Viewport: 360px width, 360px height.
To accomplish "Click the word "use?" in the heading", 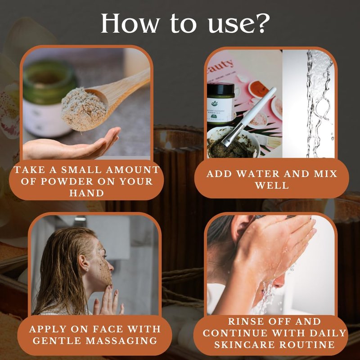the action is tap(239, 24).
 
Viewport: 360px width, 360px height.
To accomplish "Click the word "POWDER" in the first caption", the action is tap(67, 181).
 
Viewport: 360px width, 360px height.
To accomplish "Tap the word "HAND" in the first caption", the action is tap(86, 193).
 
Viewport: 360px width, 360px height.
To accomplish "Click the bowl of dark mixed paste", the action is tap(233, 143).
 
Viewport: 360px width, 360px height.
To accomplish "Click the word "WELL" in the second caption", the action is tap(272, 185).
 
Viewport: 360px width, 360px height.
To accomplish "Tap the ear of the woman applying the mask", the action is tap(84, 264).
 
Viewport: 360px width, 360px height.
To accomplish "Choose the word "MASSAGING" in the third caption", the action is tap(121, 341).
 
